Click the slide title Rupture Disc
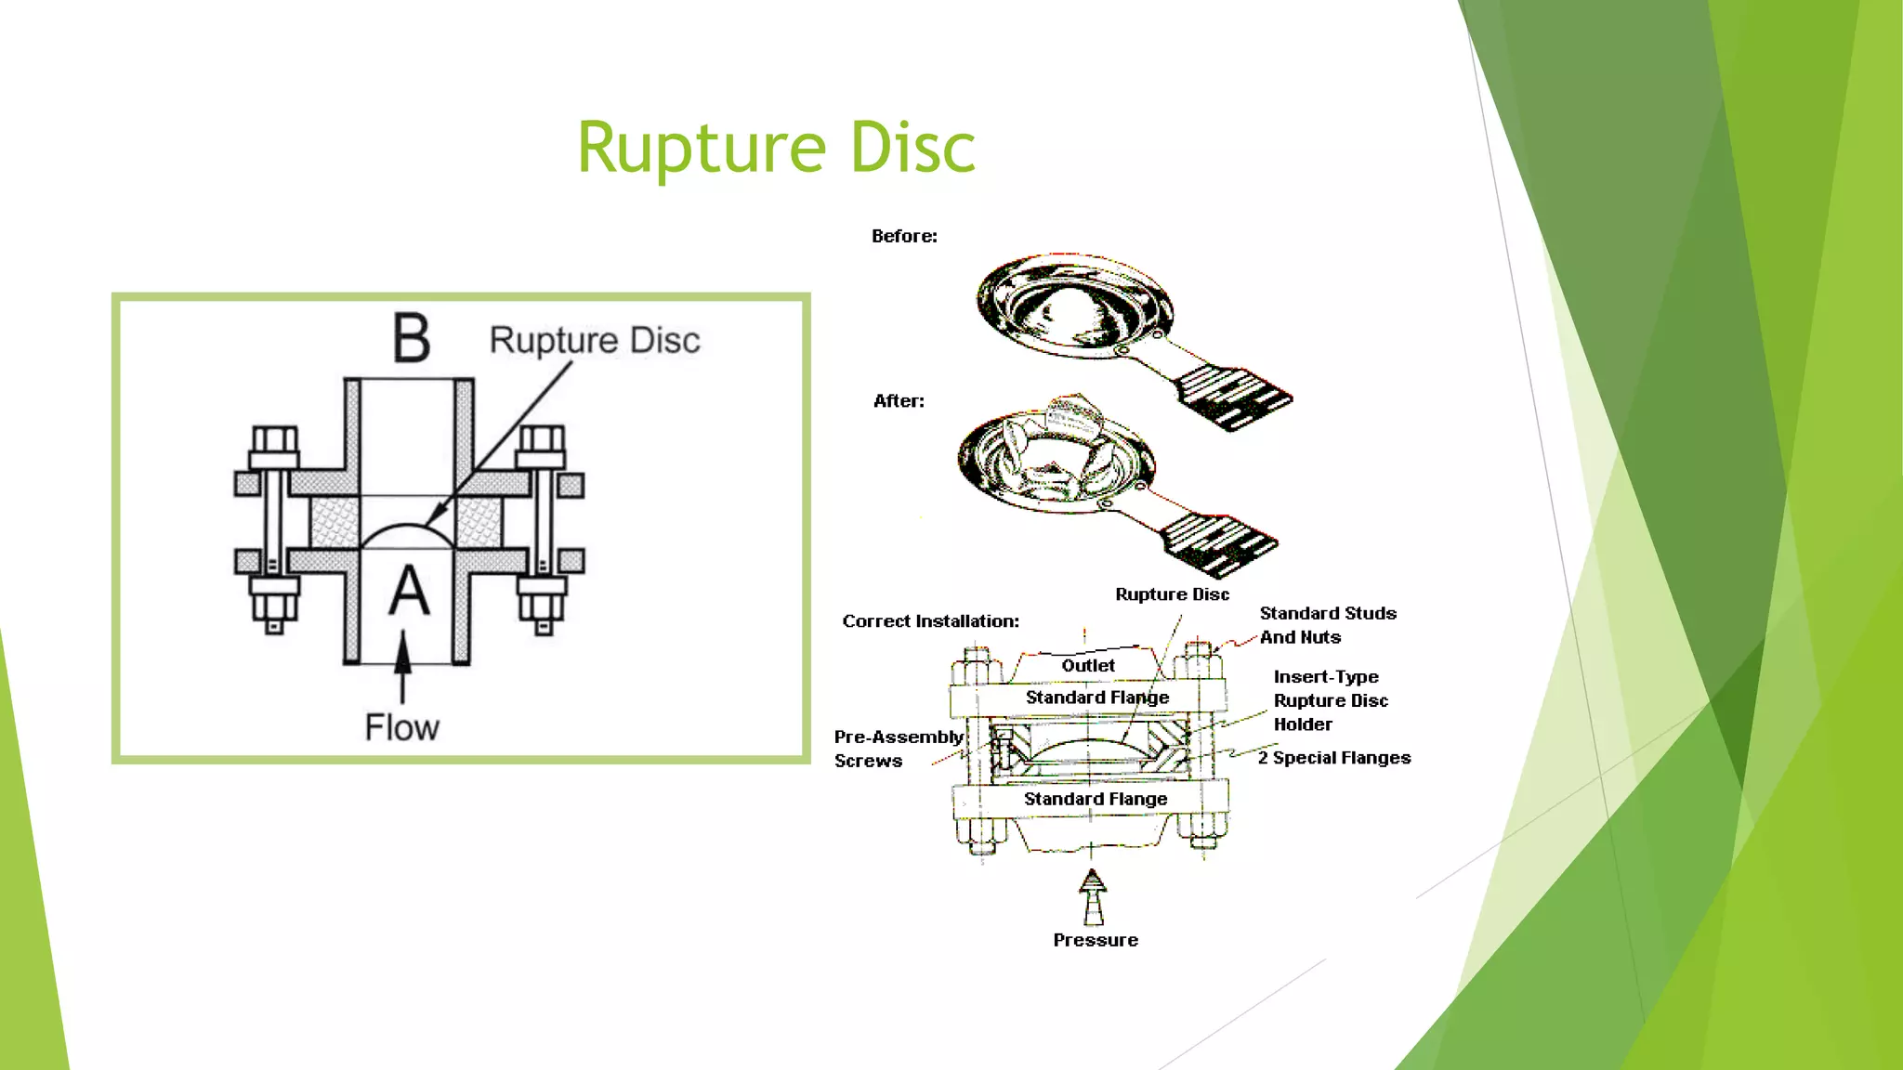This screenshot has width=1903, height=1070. tap(776, 147)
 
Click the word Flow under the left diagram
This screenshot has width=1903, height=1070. tap(401, 727)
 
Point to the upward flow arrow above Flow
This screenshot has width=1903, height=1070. tap(402, 667)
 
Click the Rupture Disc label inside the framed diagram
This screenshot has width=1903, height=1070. tap(595, 341)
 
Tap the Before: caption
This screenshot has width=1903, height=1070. tap(904, 236)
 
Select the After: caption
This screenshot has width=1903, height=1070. tap(899, 400)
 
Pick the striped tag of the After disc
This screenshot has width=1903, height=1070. tap(1219, 544)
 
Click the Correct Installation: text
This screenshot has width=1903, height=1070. tap(930, 621)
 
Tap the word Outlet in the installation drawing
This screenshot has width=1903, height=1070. tap(1088, 665)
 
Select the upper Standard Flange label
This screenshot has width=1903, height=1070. tap(1097, 698)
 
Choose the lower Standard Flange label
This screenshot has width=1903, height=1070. tap(1096, 799)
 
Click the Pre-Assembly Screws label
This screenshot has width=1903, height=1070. tap(898, 749)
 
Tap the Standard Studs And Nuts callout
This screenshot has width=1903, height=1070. tap(1328, 625)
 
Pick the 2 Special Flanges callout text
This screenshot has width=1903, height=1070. tap(1334, 758)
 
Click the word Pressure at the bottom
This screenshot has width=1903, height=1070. tap(1096, 940)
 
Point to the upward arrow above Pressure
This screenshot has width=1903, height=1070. tap(1093, 896)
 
